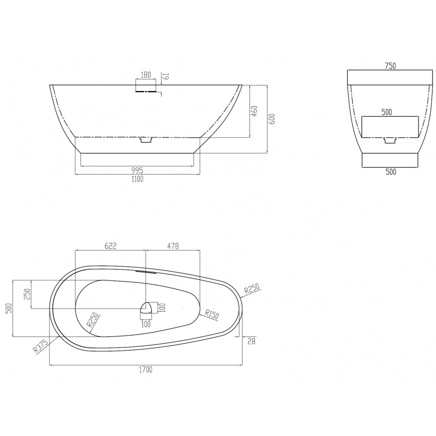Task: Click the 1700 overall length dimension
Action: pyautogui.click(x=145, y=369)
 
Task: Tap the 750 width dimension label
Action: pyautogui.click(x=390, y=66)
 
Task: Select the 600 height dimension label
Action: pyautogui.click(x=272, y=119)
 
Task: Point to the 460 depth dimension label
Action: pyautogui.click(x=254, y=111)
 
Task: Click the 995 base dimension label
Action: pyautogui.click(x=137, y=169)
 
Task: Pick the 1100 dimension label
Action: pyautogui.click(x=137, y=179)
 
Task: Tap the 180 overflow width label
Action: pyautogui.click(x=145, y=75)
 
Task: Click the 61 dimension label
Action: pyautogui.click(x=167, y=76)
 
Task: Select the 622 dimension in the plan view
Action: pyautogui.click(x=110, y=246)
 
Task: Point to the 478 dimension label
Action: pyautogui.click(x=173, y=246)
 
